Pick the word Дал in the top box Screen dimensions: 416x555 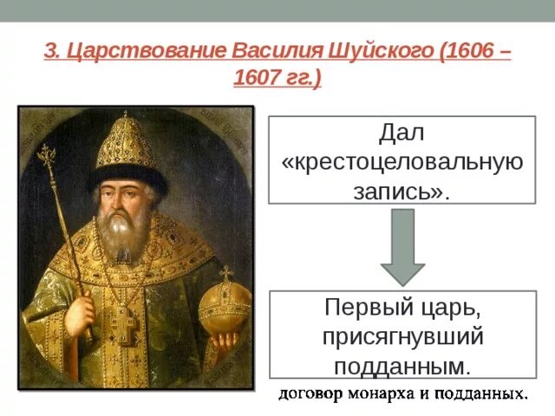pos(402,134)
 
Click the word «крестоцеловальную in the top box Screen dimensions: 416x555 pos(402,162)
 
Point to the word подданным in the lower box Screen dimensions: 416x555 pos(400,365)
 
